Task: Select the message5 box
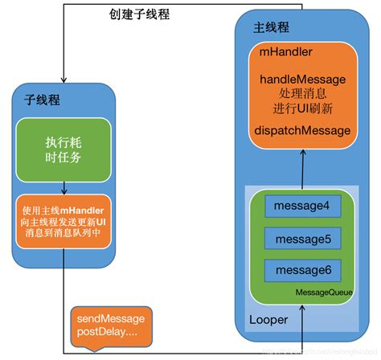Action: pos(303,239)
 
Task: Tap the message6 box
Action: pos(303,269)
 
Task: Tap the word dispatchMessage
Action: pos(303,129)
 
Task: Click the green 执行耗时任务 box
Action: pos(63,149)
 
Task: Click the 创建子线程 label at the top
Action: pos(139,14)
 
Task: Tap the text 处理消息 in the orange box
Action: pos(303,94)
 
